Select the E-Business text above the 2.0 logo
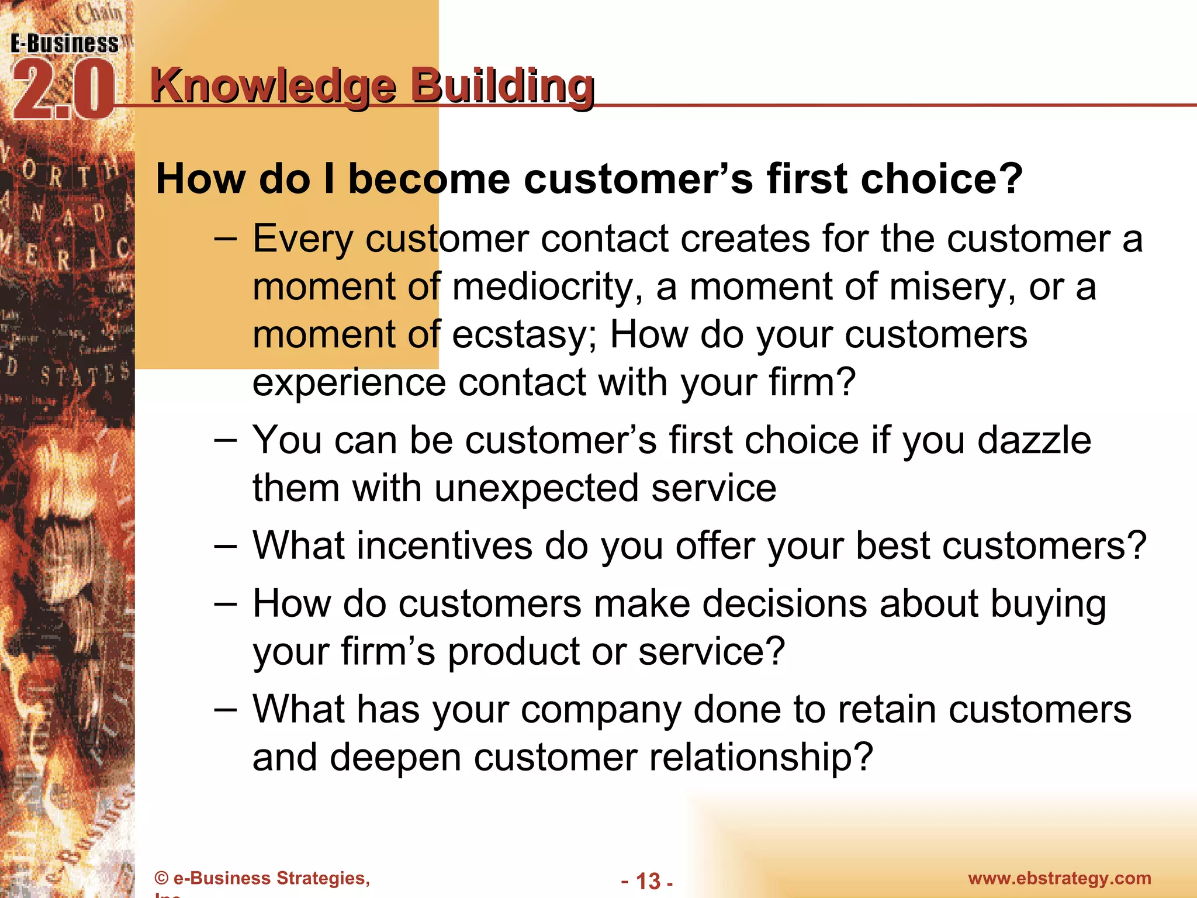point(64,44)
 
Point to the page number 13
point(648,880)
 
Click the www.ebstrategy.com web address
point(1059,878)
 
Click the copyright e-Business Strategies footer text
point(262,878)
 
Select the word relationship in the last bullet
point(760,758)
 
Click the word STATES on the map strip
point(85,374)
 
